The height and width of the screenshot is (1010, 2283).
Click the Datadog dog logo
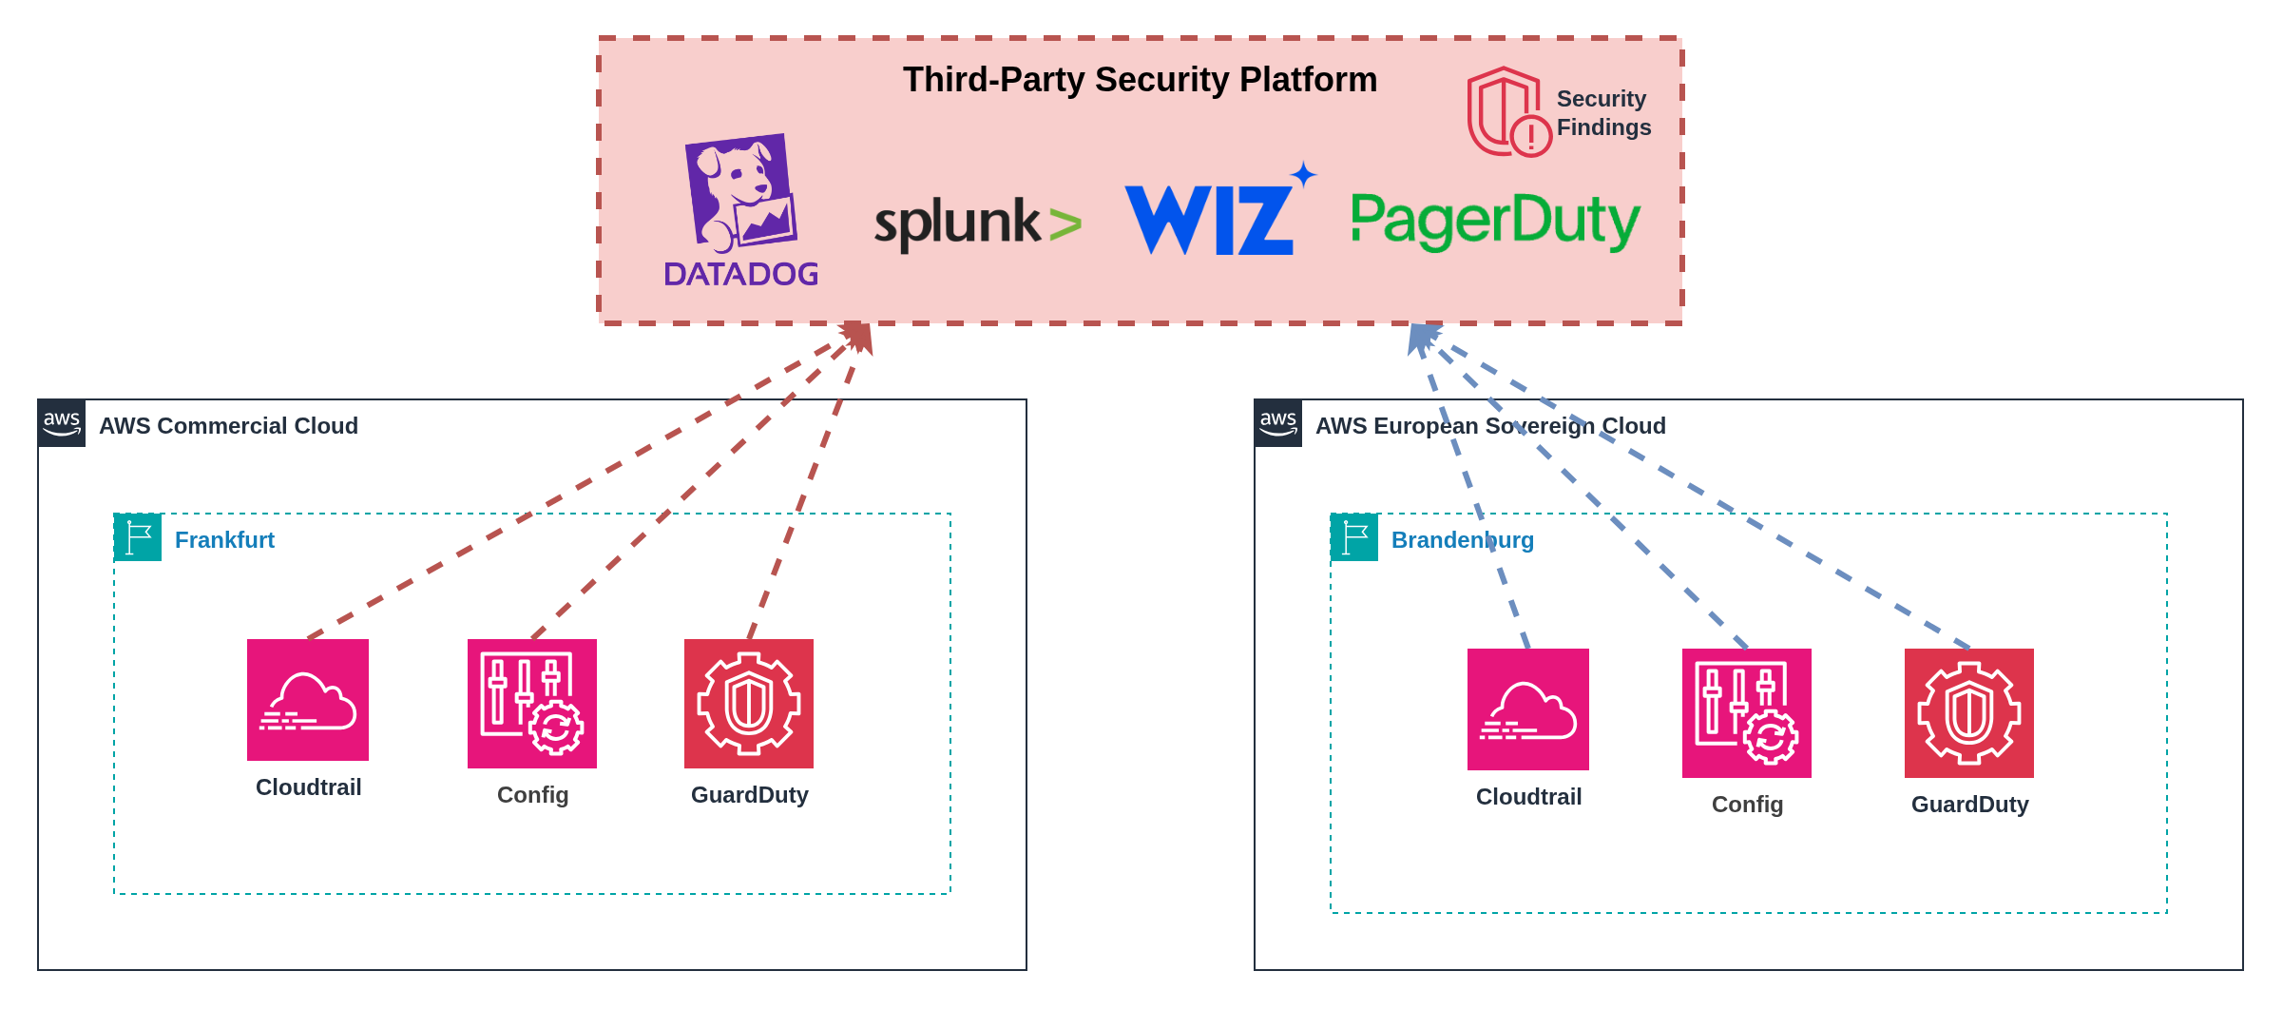click(741, 195)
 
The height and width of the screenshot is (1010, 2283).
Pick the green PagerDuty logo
click(1495, 221)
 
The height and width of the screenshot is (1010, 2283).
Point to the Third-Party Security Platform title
click(1140, 80)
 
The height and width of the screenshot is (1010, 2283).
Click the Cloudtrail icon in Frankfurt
click(308, 700)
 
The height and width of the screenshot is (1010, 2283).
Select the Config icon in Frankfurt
click(532, 704)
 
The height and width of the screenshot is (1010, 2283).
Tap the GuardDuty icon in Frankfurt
click(749, 704)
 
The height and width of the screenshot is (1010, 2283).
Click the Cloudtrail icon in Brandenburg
click(1528, 709)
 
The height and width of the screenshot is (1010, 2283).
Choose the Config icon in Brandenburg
click(1747, 713)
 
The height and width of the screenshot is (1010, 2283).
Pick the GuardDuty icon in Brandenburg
click(1969, 713)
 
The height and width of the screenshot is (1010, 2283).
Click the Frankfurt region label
click(224, 540)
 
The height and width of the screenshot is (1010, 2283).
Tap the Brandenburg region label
click(1462, 540)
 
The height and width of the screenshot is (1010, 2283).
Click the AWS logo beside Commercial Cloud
click(62, 423)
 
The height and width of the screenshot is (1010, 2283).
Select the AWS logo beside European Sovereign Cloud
click(1278, 423)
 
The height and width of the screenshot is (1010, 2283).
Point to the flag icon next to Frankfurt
click(138, 537)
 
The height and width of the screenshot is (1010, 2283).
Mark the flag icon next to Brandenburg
click(1354, 537)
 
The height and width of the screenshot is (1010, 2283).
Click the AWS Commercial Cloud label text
click(228, 426)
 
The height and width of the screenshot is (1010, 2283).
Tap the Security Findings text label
click(1603, 113)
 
